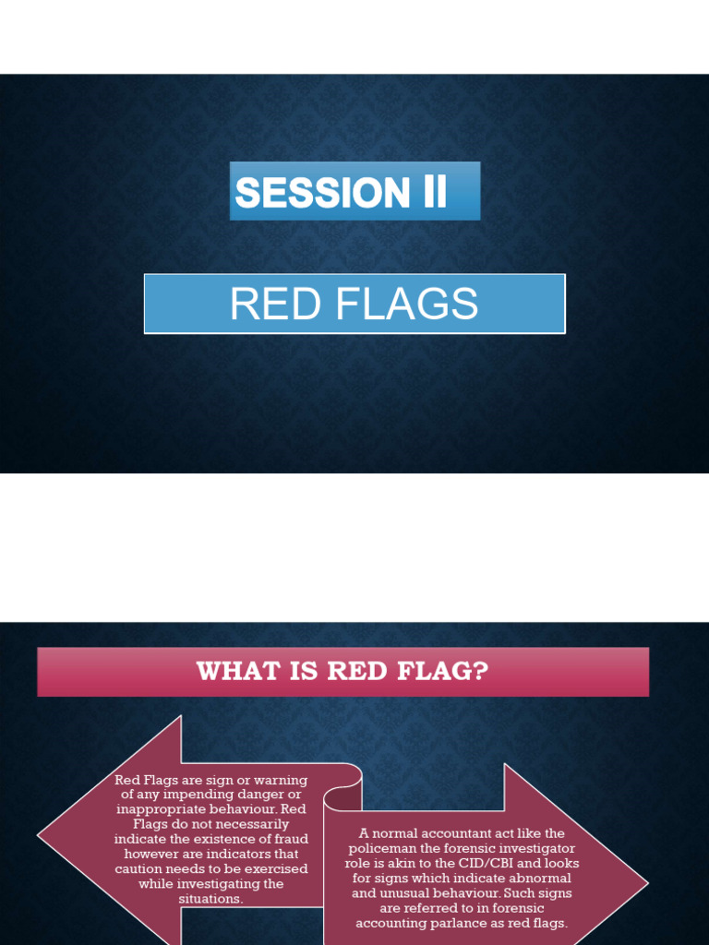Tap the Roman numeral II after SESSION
pos(430,192)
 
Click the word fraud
pos(290,839)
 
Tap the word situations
pos(211,898)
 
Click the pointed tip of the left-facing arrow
pos(40,836)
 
